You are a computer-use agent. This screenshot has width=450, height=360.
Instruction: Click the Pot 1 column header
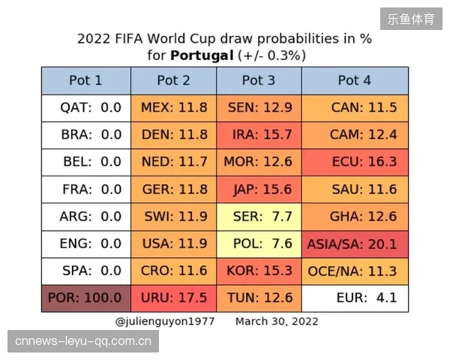coord(86,81)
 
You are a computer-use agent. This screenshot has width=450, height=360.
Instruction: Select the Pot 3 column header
coord(259,81)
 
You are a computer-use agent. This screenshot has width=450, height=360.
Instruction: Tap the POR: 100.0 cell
coord(86,298)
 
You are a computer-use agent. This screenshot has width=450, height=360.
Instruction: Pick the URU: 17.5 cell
coord(174,298)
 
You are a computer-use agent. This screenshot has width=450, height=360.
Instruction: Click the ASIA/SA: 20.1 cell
coord(355,244)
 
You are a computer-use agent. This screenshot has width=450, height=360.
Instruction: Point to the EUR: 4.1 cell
coord(355,298)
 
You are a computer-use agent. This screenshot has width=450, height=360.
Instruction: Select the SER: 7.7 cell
coord(259,217)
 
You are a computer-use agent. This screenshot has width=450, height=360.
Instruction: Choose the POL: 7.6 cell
coord(259,244)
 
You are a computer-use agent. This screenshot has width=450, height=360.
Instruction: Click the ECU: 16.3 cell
coord(355,162)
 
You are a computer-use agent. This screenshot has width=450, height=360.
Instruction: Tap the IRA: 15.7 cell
coord(259,135)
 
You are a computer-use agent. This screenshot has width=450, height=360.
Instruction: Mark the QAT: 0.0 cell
coord(86,108)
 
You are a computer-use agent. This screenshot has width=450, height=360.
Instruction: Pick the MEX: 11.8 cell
coord(174,108)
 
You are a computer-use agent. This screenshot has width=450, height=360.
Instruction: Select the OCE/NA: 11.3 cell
coord(355,271)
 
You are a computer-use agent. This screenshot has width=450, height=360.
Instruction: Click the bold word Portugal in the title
coord(202,55)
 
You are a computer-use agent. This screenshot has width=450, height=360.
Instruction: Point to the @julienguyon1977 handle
coord(165,322)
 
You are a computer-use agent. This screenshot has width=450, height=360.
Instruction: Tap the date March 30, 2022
coord(277,322)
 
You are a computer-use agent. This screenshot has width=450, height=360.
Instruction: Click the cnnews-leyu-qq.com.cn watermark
coord(83,341)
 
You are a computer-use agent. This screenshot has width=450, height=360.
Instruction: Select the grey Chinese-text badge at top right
coord(411,19)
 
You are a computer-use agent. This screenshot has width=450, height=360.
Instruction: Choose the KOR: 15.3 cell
coord(259,271)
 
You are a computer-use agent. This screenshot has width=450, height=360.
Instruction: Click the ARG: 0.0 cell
coord(86,217)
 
